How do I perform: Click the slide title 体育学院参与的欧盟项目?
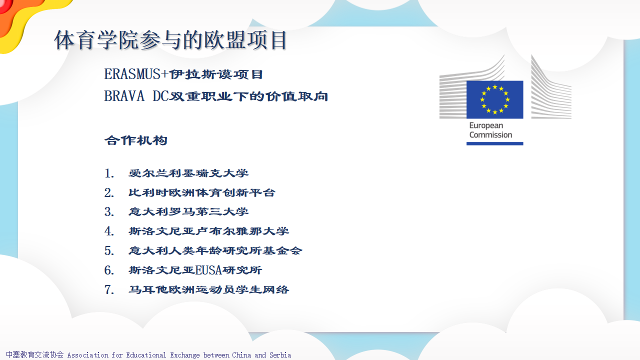click(x=170, y=40)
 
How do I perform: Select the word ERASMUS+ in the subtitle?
click(x=136, y=74)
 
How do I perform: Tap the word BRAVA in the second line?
click(x=124, y=96)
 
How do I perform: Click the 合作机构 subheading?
click(x=135, y=140)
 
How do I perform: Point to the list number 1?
click(x=109, y=173)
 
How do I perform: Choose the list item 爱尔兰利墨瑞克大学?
click(x=188, y=173)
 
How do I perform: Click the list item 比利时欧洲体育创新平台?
click(x=201, y=192)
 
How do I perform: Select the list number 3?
click(x=109, y=212)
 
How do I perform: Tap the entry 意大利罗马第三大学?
click(x=188, y=211)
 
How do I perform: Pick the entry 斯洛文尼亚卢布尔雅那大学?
click(x=209, y=231)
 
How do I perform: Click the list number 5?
click(x=109, y=251)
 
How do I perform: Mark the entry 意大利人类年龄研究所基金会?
click(x=215, y=250)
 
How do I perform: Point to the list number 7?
click(x=109, y=289)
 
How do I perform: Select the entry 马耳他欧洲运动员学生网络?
click(x=209, y=289)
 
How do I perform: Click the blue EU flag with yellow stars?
click(x=495, y=99)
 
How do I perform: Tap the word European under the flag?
click(x=486, y=125)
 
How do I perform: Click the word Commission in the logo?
click(x=490, y=135)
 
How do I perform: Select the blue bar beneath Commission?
click(x=495, y=143)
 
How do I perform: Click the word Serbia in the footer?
click(x=280, y=355)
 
